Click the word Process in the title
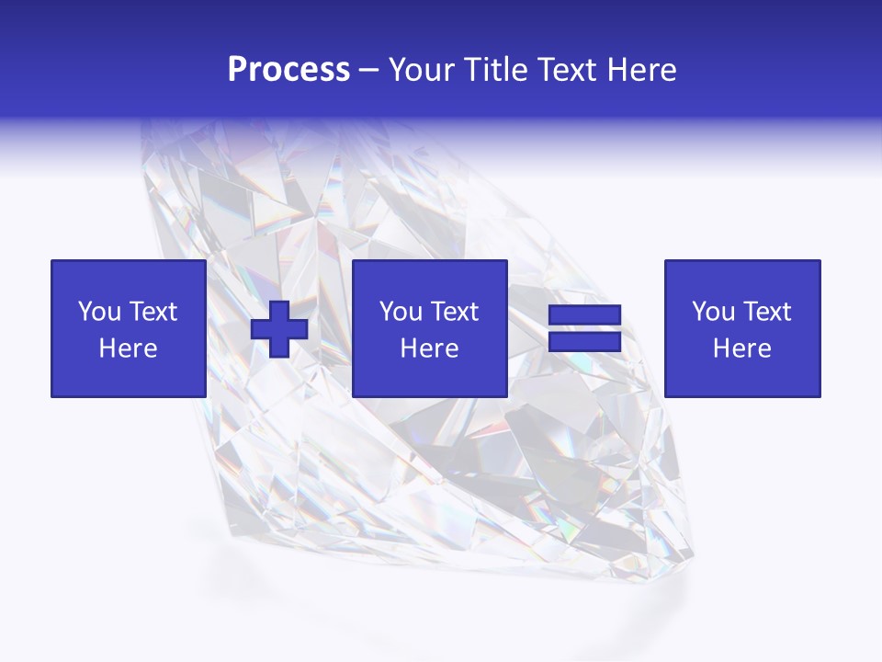(288, 70)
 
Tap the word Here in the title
(641, 70)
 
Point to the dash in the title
(369, 71)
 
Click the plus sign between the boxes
(279, 329)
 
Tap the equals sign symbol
(584, 328)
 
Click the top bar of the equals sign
(584, 315)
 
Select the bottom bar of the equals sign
(584, 341)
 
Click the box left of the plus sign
(128, 328)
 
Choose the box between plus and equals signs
(429, 328)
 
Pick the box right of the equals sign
(741, 328)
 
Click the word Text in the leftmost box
(153, 312)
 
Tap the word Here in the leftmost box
(128, 348)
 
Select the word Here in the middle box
(429, 348)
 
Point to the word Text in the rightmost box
(766, 312)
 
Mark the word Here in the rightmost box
(741, 348)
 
